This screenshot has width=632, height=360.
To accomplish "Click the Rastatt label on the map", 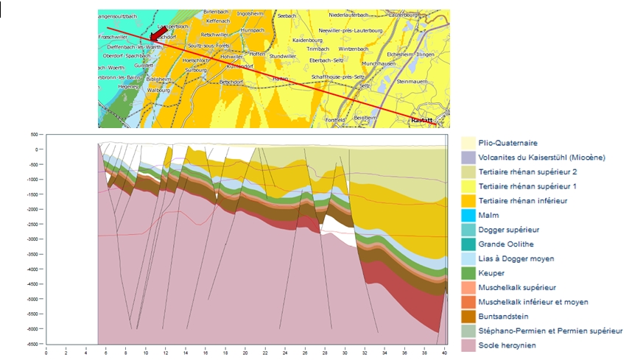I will (421, 119).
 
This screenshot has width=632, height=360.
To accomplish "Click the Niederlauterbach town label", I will (351, 14).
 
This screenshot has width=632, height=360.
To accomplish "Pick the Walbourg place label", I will (159, 90).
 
